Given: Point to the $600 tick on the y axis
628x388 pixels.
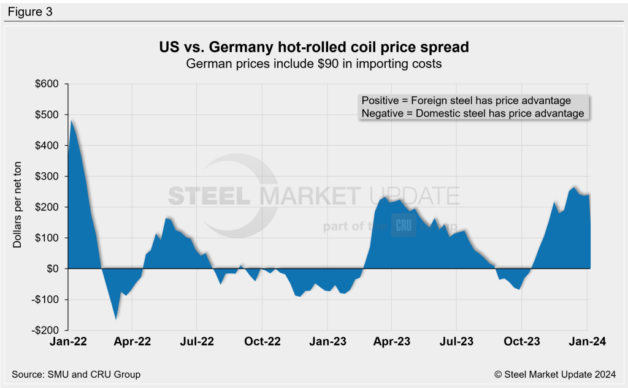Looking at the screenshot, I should tap(48, 84).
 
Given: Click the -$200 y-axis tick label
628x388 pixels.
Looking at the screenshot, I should tap(47, 330).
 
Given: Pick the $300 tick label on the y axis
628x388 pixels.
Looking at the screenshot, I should tap(48, 177).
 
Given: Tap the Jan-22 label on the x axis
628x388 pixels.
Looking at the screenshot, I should tap(69, 342).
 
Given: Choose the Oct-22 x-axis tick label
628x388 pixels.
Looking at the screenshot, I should tap(262, 342).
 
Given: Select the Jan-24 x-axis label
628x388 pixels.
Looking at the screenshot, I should tap(587, 342).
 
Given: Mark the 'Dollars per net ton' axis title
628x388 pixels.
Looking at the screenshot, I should tap(19, 207).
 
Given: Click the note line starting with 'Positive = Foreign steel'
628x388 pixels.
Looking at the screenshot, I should tap(466, 101).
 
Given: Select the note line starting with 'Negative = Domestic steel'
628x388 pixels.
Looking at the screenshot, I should tap(472, 113).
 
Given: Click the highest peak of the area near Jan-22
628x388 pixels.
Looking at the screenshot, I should tap(72, 120).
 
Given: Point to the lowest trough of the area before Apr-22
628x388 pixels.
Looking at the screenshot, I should tap(115, 319).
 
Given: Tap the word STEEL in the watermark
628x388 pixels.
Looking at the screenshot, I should tap(209, 196).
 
